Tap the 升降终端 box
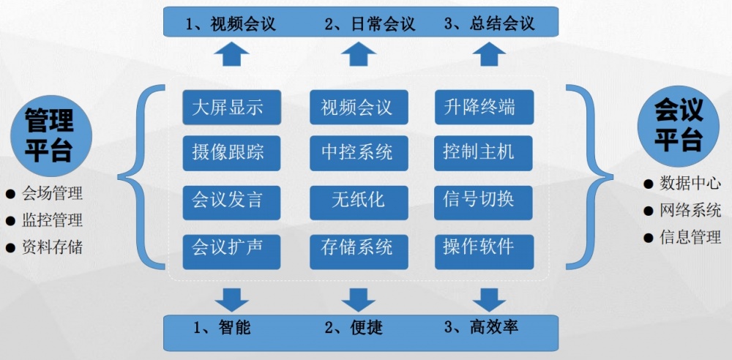pos(483,108)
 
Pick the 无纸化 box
pos(357,199)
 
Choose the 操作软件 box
pos(483,247)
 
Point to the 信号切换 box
pos(483,199)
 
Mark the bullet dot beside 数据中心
pos(647,183)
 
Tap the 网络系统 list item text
pos(690,211)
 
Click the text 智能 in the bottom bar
pos(234,327)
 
